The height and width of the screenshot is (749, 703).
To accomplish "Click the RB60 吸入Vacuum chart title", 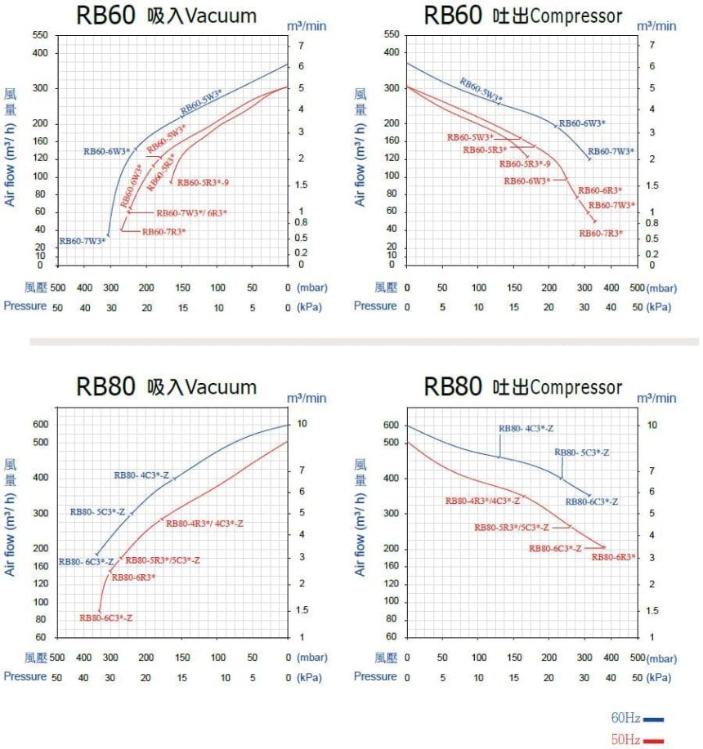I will coord(166,16).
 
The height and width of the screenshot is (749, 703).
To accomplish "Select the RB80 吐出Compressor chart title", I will coord(522,386).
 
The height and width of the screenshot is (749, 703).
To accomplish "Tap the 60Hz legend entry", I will coord(637,718).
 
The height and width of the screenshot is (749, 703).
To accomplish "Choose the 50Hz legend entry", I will coord(637,739).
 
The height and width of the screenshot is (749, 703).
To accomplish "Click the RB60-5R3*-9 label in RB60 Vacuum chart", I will coord(203,182).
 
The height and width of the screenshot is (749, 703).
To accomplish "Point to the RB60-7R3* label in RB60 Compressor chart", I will coord(601,234).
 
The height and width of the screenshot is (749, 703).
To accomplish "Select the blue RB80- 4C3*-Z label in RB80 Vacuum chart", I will coord(141,475).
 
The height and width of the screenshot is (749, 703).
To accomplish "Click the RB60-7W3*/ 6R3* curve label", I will coord(191,213).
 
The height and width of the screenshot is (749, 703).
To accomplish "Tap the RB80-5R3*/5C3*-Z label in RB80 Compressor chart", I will coord(511,528).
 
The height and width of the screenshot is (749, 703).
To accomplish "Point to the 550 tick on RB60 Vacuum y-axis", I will coord(39,35).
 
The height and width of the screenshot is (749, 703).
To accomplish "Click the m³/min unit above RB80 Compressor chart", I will coord(657,398).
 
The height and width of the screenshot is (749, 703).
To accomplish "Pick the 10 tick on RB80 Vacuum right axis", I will coord(302,424).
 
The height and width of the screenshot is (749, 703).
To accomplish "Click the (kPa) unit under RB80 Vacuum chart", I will coord(310,677).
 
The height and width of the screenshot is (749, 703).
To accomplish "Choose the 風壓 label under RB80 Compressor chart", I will coord(386,657).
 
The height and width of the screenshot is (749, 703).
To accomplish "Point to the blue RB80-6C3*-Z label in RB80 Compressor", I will coord(592,502).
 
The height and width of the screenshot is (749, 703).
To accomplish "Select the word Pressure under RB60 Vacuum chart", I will coord(25,306).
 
